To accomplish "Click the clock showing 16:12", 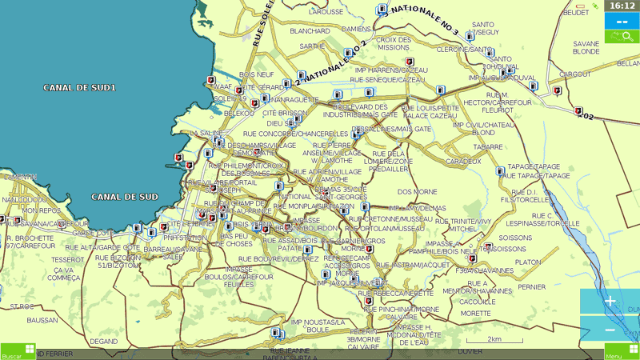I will tap(622, 6).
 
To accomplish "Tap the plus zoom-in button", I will tap(610, 302).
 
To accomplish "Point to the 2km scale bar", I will tap(483, 340).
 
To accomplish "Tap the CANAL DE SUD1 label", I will tap(80, 87).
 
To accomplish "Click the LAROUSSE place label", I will tap(326, 12).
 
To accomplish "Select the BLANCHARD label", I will tap(310, 31).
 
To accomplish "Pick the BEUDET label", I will tap(575, 12).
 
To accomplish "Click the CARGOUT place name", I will tap(575, 74).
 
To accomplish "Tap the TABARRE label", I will tap(487, 146).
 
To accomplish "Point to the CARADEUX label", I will tap(463, 161).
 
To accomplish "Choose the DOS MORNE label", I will tap(417, 192).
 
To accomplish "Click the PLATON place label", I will tap(528, 262).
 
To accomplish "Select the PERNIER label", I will tap(531, 286).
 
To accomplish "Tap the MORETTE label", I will tap(475, 313).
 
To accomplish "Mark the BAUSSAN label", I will tap(42, 320).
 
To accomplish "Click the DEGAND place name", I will tap(104, 341).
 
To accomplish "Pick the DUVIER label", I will tap(470, 350).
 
